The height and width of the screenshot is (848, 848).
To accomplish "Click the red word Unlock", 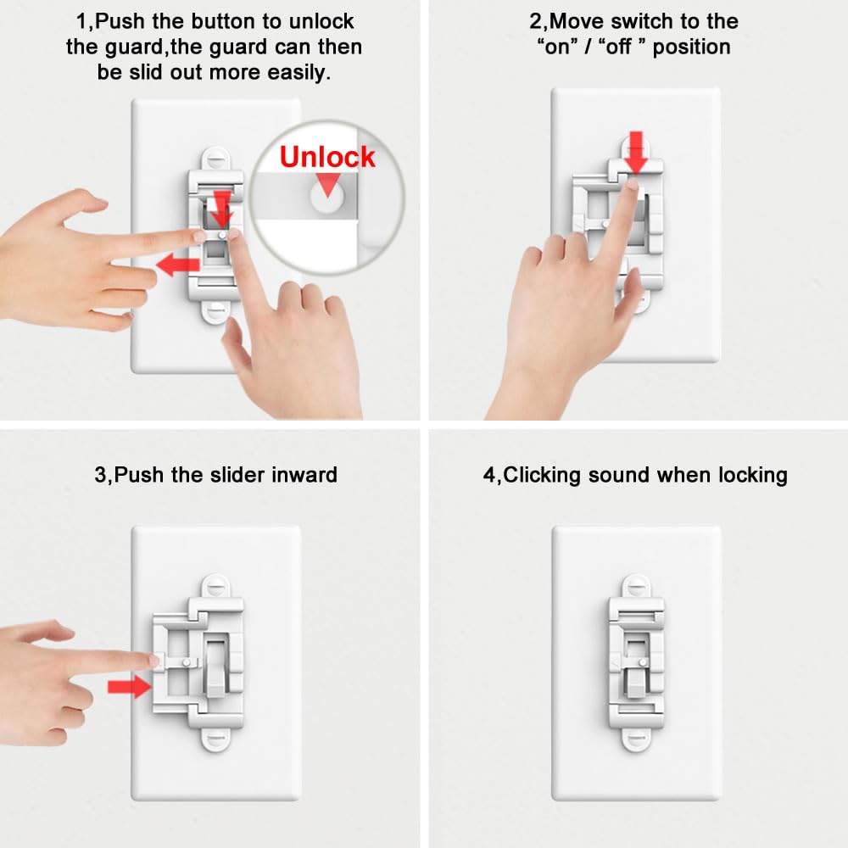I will click(326, 157).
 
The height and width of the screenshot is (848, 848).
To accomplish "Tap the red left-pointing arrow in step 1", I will click(176, 265).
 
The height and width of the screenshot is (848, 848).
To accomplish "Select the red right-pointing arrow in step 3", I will click(130, 686).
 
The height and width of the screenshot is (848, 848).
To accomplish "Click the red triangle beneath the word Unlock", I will click(326, 181).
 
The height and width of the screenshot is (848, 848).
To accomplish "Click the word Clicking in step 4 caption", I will click(542, 475).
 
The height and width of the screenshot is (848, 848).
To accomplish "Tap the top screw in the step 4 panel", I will click(636, 584).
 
